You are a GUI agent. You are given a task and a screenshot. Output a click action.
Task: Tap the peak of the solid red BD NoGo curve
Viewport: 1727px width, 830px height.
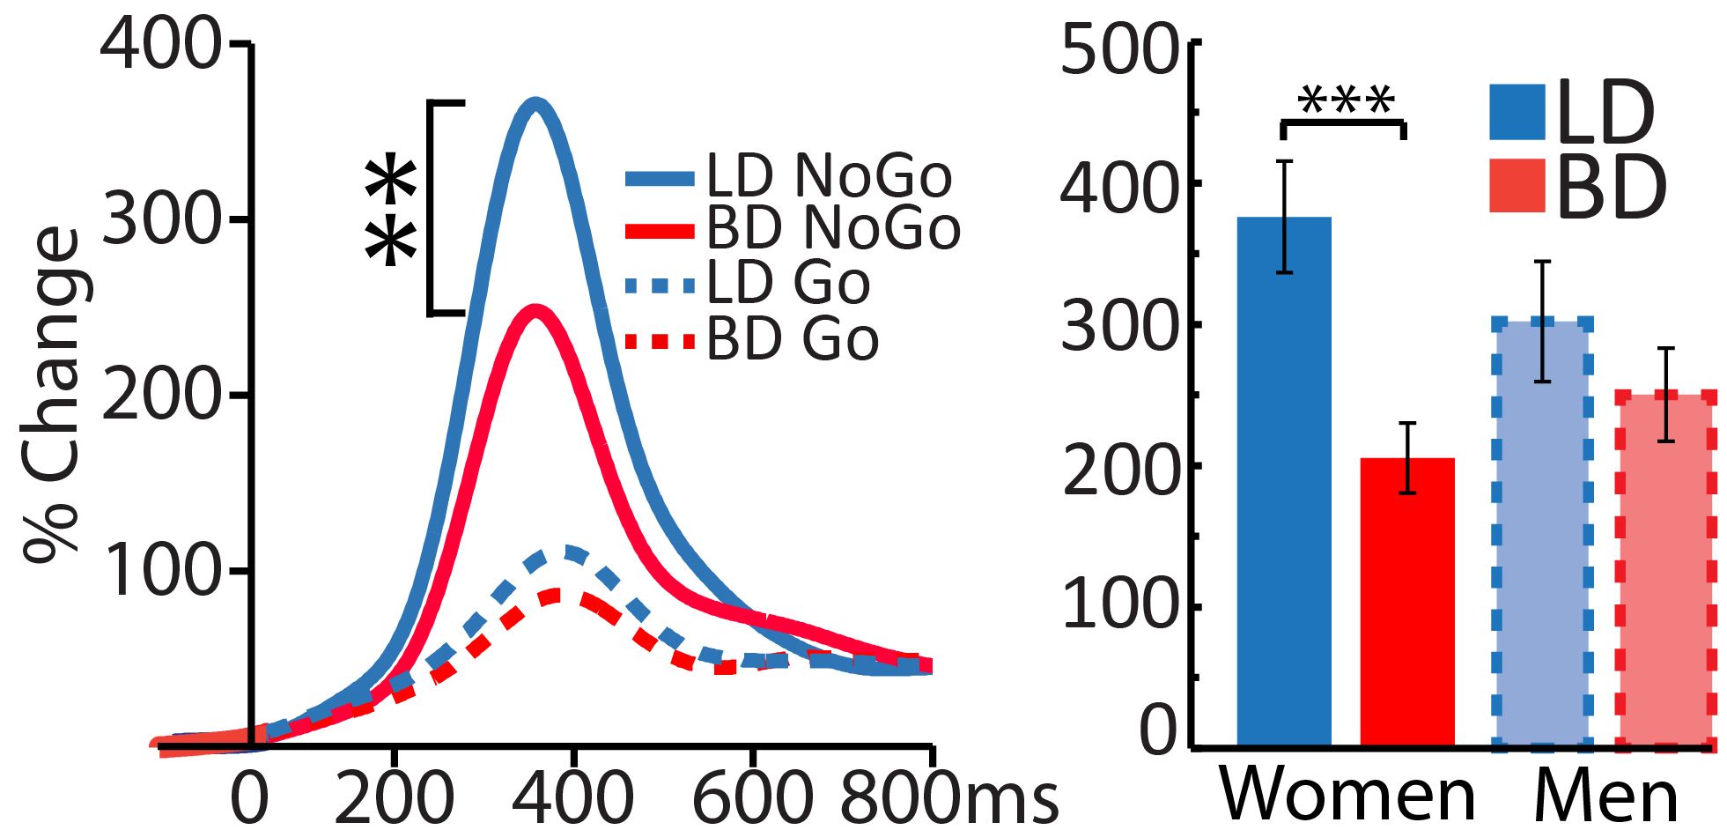(534, 311)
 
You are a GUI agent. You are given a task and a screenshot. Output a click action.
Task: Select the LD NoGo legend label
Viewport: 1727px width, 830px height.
(829, 175)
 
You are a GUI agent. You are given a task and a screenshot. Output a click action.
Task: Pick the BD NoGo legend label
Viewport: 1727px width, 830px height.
(833, 227)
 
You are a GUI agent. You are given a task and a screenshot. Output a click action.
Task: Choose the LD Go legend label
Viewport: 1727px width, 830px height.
(788, 283)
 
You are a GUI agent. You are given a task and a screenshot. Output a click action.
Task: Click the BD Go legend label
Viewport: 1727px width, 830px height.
(793, 339)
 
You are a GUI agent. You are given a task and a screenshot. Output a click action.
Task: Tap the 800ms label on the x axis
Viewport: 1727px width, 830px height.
(947, 797)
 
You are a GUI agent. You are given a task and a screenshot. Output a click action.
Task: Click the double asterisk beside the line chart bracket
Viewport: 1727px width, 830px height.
(391, 210)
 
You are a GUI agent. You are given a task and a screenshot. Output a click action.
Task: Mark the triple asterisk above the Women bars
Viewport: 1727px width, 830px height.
(1346, 101)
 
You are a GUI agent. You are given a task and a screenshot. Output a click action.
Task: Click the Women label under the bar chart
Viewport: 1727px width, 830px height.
(1347, 795)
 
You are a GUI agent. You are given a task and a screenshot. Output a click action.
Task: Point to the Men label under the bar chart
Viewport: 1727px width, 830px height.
(1605, 797)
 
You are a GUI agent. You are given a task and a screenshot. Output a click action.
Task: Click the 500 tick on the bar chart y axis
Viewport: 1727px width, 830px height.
(1118, 49)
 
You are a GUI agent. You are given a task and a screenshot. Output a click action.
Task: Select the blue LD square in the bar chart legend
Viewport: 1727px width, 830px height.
(1517, 112)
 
